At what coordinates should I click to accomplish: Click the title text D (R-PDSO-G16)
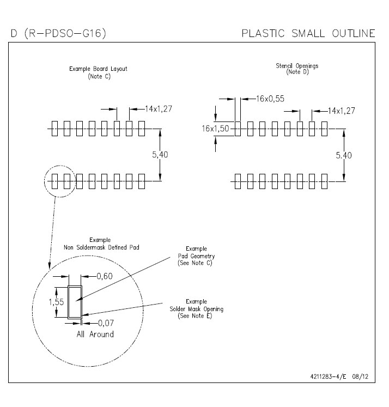[58, 33]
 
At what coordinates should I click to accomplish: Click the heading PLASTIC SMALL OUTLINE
[308, 33]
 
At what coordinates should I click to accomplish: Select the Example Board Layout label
[98, 69]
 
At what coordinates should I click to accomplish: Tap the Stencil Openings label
[297, 66]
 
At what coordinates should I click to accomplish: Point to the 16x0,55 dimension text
[270, 99]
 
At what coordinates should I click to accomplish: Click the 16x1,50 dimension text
[215, 129]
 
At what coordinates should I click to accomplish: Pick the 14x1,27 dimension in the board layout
[159, 109]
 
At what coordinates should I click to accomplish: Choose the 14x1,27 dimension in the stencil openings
[341, 111]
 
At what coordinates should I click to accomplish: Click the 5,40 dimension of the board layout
[160, 155]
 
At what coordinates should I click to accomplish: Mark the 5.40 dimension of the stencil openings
[344, 155]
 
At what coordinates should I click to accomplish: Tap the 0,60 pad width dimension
[105, 276]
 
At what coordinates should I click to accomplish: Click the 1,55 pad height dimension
[56, 302]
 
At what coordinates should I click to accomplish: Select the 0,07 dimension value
[106, 323]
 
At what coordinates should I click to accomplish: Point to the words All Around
[95, 334]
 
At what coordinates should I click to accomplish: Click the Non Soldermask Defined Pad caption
[101, 247]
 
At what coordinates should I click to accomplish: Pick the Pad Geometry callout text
[196, 256]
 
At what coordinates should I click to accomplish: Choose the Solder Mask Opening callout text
[197, 309]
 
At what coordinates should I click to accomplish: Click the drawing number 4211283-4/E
[328, 376]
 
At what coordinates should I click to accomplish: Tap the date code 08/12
[360, 376]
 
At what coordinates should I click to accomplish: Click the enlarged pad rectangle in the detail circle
[69, 302]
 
